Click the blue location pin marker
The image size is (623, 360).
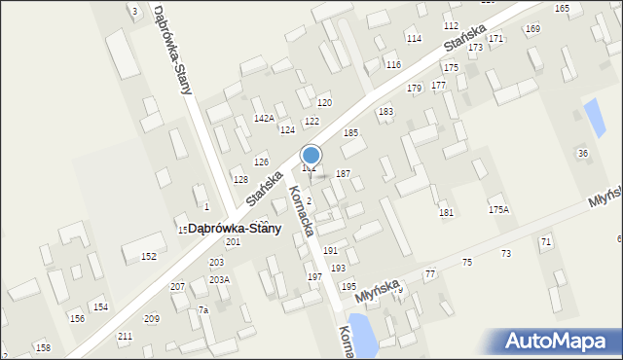(311, 156)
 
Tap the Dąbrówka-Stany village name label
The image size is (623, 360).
(235, 229)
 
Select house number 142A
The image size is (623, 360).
(264, 118)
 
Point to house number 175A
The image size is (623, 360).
(498, 209)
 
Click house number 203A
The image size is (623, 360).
(219, 279)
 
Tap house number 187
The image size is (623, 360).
(343, 173)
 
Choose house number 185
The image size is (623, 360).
(350, 132)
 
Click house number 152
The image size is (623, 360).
(148, 257)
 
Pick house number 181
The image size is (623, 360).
(446, 212)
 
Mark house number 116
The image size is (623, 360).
(393, 64)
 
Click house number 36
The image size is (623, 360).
(583, 154)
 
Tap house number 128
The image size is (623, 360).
(240, 180)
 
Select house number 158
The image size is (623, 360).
(43, 347)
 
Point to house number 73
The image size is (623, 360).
(506, 254)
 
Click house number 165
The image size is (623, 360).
(562, 8)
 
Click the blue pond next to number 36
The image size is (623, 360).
(591, 116)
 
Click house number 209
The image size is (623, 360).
(152, 319)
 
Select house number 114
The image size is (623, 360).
(414, 39)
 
